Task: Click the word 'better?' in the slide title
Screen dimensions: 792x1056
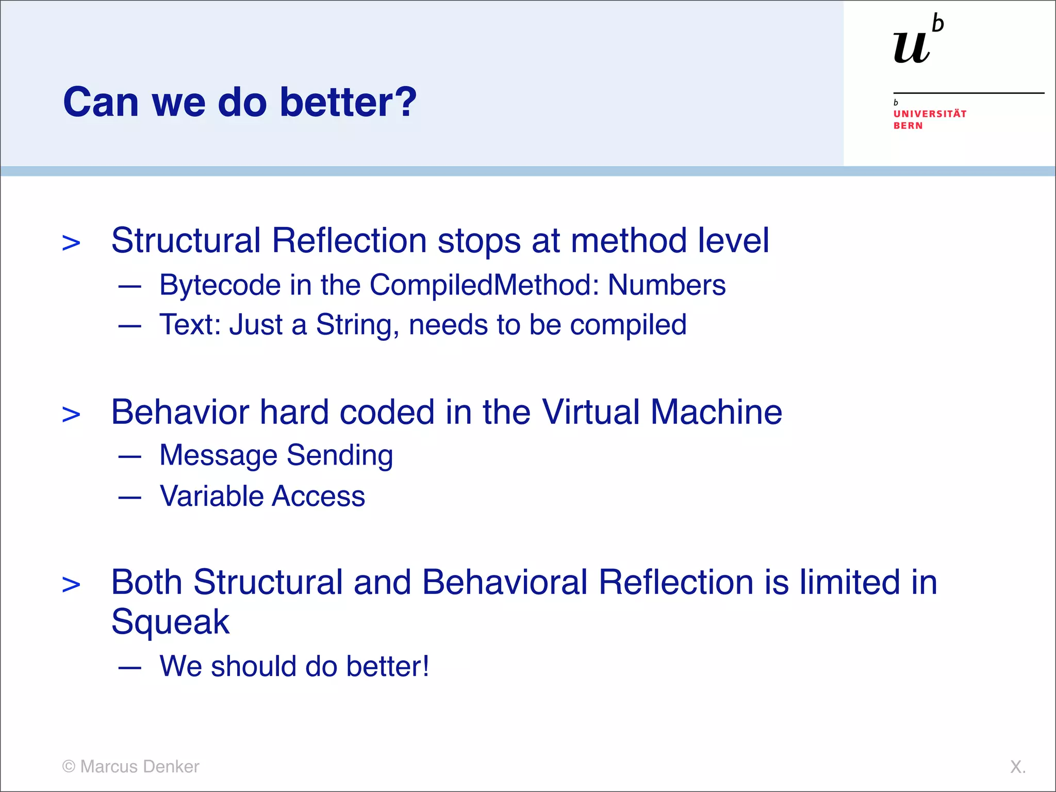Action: point(348,102)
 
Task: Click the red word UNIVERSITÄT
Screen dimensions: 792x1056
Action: point(930,114)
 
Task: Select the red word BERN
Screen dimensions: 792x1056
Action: point(908,126)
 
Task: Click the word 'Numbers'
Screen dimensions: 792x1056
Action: point(666,285)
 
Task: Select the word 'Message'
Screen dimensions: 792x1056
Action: point(219,455)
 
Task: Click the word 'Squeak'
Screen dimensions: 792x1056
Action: point(170,622)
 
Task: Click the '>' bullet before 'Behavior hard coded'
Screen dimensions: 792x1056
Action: point(71,415)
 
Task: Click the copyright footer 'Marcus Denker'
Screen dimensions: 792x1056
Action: point(131,767)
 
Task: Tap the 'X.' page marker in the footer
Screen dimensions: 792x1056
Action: point(1017,767)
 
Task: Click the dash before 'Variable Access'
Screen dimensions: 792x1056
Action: point(129,498)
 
